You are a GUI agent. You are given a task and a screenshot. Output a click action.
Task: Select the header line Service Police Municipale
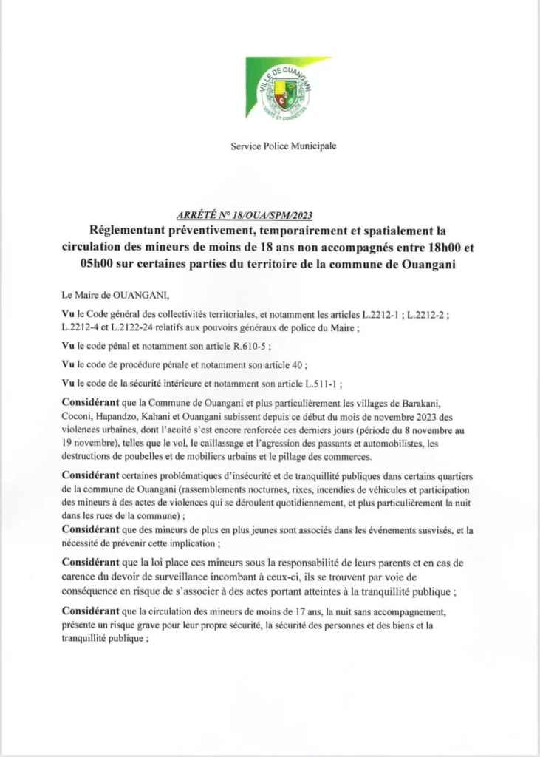[x=284, y=146]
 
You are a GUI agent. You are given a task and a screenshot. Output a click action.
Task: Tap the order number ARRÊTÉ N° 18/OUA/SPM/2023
[x=245, y=215]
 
